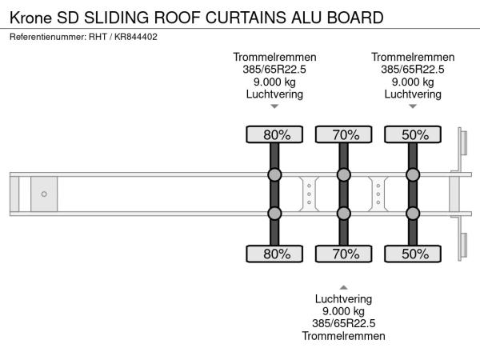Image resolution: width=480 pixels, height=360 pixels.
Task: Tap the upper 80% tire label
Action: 274,134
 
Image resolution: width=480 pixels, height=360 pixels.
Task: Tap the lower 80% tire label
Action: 274,254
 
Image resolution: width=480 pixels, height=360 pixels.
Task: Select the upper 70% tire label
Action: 344,134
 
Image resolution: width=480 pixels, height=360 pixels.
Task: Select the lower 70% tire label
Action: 344,254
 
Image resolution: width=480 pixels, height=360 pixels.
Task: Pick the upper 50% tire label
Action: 413,134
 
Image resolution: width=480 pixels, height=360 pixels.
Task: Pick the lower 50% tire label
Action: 413,254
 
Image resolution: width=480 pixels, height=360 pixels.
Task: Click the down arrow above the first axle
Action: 274,106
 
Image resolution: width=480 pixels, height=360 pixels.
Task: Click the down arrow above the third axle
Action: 413,106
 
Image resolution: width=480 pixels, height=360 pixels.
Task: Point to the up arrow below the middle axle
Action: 344,286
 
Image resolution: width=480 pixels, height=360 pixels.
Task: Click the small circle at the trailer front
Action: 44,194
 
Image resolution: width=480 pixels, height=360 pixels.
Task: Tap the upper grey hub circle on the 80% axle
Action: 274,175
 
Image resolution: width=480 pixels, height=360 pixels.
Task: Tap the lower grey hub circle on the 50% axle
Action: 413,214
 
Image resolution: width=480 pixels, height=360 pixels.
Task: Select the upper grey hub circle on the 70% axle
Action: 344,175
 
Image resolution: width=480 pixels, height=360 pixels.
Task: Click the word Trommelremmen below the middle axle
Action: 344,336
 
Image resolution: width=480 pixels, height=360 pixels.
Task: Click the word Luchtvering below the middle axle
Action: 344,299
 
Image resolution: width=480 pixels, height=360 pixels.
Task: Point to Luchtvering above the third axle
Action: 413,94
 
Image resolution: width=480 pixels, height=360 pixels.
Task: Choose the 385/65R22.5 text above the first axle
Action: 274,69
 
